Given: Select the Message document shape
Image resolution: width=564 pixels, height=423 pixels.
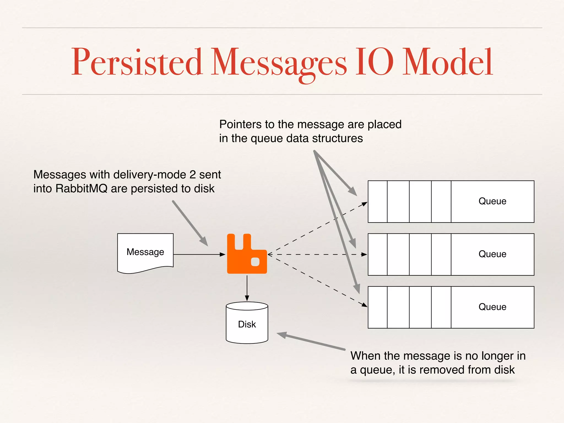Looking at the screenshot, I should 145,252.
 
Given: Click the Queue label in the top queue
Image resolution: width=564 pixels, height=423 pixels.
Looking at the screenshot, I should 492,201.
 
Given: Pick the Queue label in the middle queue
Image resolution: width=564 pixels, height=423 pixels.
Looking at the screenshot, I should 492,254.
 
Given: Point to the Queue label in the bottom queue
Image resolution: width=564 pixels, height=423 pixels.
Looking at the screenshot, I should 492,307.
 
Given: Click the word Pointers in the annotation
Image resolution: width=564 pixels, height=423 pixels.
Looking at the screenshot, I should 240,124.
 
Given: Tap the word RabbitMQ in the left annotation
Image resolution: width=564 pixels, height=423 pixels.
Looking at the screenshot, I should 81,189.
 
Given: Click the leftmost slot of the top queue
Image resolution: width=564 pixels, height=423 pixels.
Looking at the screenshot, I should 378,202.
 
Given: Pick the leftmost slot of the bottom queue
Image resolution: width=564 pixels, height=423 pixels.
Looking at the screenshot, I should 378,307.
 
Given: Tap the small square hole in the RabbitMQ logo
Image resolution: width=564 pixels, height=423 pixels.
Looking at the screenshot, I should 255,262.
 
